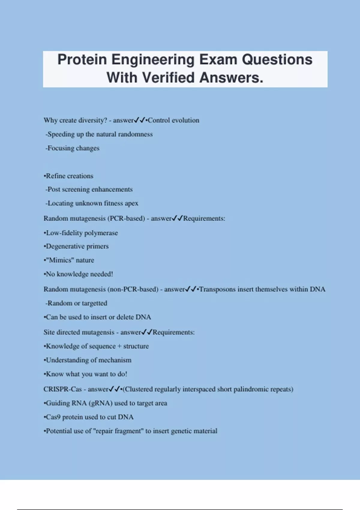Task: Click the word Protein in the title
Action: click(82, 59)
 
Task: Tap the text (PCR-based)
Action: click(126, 218)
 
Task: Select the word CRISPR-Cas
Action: click(62, 389)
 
